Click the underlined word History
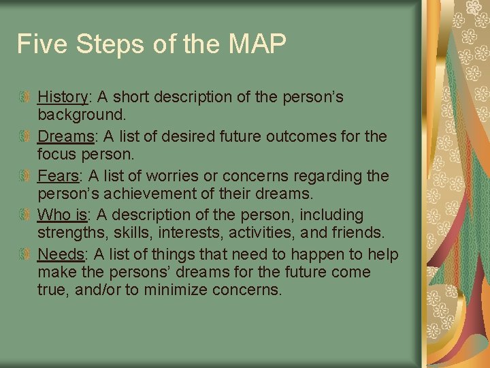[x=63, y=97]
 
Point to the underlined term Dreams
[x=65, y=136]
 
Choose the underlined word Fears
[x=58, y=176]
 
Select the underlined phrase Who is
[x=62, y=215]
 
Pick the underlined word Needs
[x=61, y=255]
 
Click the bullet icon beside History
[x=25, y=97]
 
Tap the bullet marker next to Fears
[x=25, y=177]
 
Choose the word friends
[x=358, y=232]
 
